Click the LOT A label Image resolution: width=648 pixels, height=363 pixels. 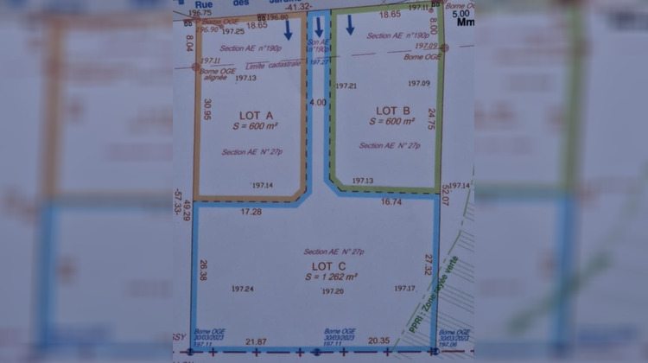point(255,115)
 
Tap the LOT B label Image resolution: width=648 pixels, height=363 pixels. point(393,110)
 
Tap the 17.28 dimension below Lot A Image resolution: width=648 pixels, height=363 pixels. point(251,211)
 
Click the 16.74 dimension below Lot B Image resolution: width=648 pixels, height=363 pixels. point(391,201)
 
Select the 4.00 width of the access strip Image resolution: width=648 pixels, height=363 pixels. point(318,102)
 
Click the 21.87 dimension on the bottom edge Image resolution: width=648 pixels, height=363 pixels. point(257,341)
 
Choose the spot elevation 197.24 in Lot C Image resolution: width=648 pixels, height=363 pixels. point(244,290)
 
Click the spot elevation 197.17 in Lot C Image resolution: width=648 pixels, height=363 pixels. point(404,288)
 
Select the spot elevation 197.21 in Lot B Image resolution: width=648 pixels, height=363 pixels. point(346,86)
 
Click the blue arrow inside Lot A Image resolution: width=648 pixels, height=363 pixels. point(288,31)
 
